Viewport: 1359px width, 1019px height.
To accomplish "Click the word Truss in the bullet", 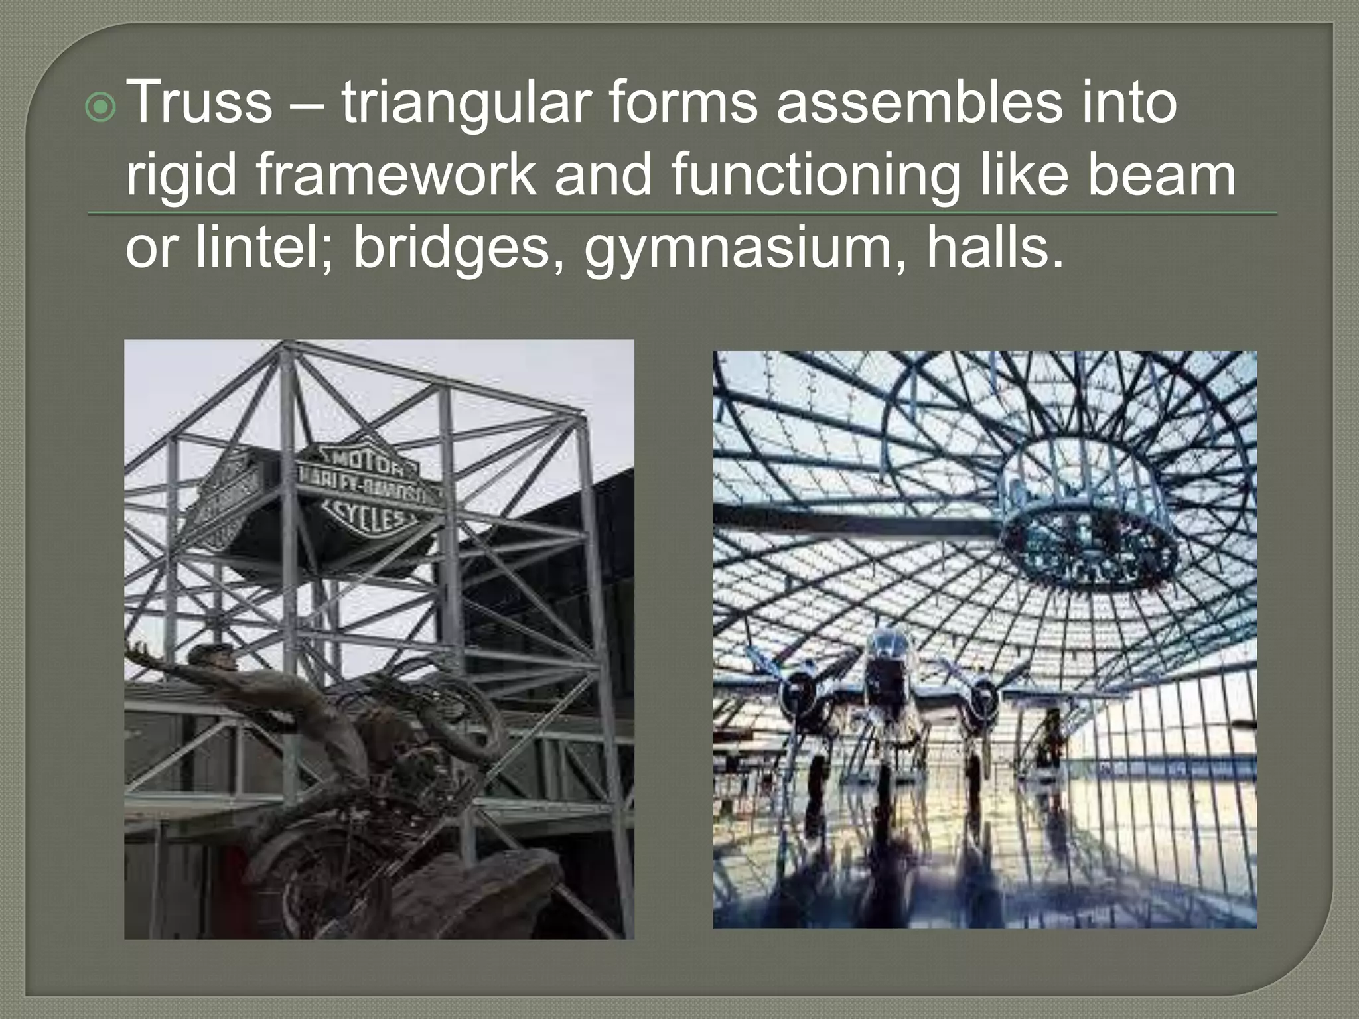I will click(198, 103).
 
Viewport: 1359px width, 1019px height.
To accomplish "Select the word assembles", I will click(919, 103).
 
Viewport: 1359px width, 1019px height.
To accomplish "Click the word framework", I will click(395, 175).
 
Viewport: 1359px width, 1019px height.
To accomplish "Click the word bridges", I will click(458, 248).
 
